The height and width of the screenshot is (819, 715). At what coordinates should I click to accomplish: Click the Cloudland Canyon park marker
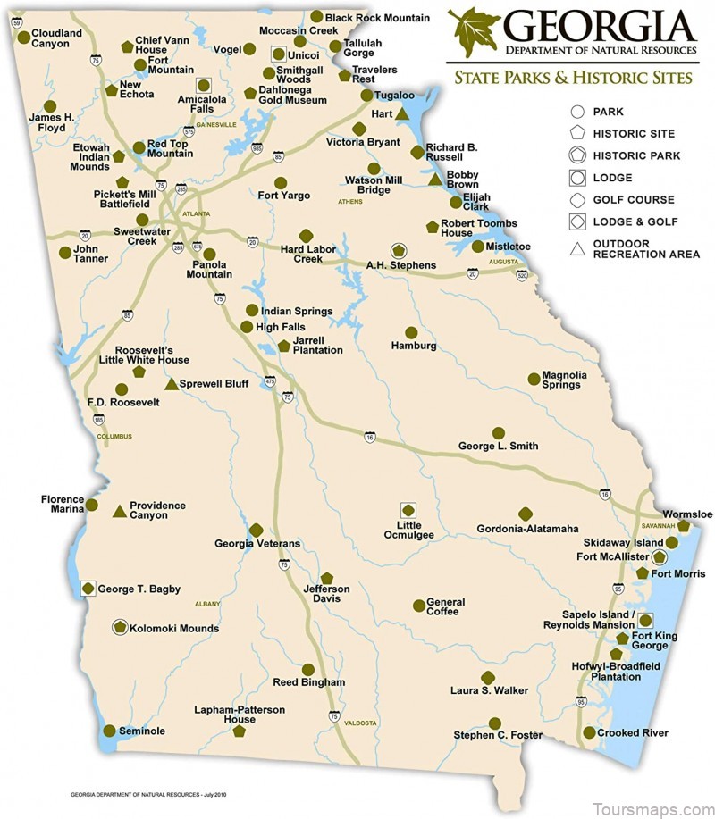click(22, 39)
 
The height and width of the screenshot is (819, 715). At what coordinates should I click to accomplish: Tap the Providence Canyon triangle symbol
click(118, 512)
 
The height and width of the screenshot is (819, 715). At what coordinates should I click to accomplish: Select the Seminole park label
click(143, 731)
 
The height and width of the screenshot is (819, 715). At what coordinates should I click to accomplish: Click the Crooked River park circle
click(589, 733)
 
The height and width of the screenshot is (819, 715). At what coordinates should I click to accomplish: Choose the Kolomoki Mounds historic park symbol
click(120, 628)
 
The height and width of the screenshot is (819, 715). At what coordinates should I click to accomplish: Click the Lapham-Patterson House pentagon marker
click(239, 731)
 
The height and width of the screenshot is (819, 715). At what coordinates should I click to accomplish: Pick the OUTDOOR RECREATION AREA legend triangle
click(577, 248)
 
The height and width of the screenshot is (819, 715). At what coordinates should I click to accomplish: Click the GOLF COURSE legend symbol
click(577, 200)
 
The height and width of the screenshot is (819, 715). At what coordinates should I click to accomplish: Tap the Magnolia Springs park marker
click(534, 379)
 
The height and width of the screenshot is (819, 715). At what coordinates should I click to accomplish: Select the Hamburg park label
click(414, 346)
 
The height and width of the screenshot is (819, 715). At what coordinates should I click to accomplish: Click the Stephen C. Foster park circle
click(494, 723)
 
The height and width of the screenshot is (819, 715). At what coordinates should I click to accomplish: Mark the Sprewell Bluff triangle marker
click(172, 383)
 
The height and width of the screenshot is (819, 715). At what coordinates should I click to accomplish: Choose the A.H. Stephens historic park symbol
click(398, 251)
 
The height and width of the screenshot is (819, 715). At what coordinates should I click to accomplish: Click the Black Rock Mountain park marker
click(316, 16)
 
